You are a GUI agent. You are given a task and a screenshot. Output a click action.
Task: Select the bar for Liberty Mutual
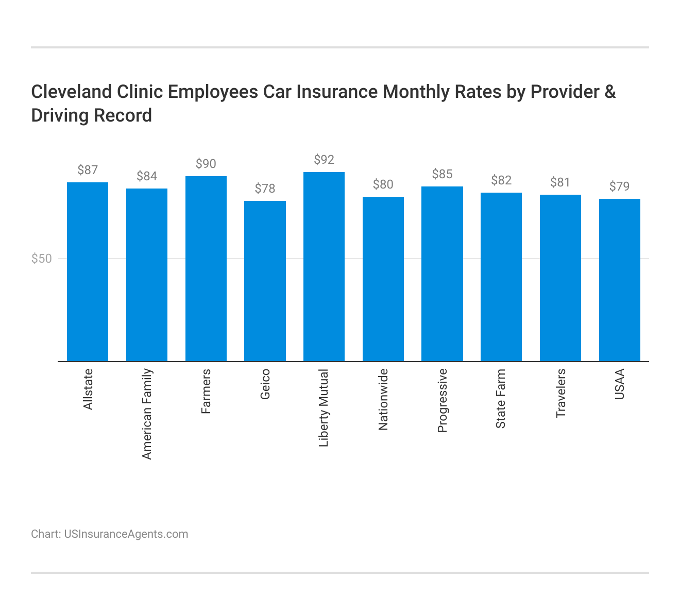[324, 267]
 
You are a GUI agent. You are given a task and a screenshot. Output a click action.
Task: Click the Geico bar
[265, 281]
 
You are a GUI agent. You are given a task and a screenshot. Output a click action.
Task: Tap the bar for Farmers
[206, 269]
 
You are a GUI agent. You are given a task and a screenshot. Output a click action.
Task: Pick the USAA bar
[619, 280]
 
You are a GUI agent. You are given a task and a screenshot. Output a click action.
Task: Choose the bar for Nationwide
[383, 279]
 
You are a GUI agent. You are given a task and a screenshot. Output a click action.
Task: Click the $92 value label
[324, 160]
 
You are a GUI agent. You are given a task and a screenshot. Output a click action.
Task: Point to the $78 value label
[265, 189]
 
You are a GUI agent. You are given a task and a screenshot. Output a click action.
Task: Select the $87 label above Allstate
[88, 170]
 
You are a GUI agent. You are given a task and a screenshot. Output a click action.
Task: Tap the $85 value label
[442, 174]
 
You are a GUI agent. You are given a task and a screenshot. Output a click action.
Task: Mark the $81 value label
[560, 182]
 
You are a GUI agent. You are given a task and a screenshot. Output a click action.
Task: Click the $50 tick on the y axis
[42, 259]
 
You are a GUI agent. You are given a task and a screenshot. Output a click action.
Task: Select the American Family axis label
[147, 414]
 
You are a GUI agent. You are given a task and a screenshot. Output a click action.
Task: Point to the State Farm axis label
[501, 399]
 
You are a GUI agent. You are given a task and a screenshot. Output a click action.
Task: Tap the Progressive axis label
[442, 401]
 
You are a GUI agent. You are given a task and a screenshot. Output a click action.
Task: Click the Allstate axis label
[88, 389]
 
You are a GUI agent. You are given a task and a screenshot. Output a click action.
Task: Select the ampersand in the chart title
[610, 92]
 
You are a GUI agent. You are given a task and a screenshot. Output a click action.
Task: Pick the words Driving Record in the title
[91, 115]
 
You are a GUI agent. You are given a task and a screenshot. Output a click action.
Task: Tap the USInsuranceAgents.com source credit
[126, 534]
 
